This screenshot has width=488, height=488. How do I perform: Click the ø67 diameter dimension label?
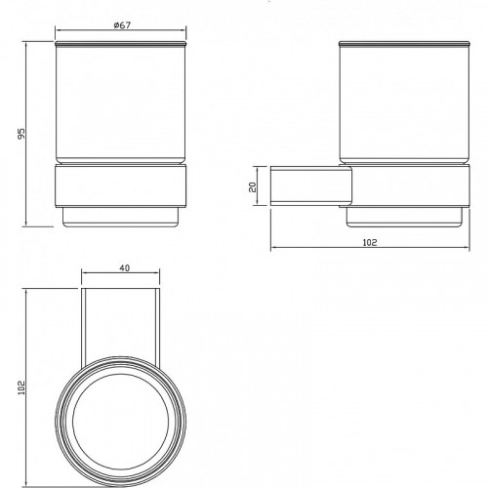point(122,25)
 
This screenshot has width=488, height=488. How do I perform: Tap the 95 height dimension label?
point(20,134)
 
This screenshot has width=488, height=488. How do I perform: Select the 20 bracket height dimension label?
point(253,186)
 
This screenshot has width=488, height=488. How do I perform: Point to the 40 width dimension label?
point(125,267)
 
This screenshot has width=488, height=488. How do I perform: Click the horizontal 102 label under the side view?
point(370,242)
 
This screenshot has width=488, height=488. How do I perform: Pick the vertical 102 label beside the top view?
point(21,387)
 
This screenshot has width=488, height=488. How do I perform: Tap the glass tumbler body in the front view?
point(121,104)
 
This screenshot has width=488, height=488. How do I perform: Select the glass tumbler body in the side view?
point(404,104)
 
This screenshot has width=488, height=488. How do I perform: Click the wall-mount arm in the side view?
point(311,186)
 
